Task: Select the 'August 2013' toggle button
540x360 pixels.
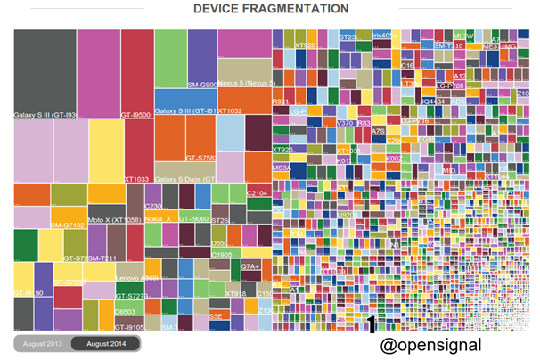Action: click(x=42, y=344)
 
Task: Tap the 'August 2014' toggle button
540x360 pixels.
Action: click(x=105, y=344)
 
